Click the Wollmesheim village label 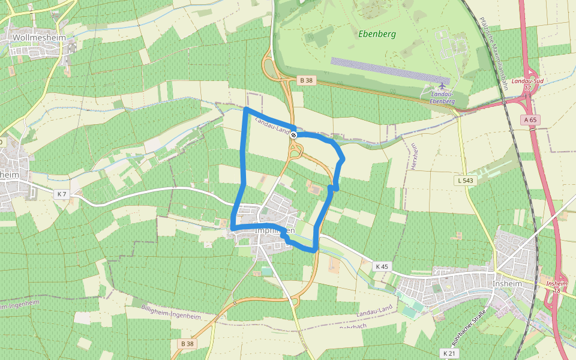(x=35, y=37)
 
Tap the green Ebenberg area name (x=377, y=34)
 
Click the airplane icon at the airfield (x=442, y=85)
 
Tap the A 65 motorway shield (x=530, y=120)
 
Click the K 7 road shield (x=61, y=194)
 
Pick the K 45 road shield (x=382, y=266)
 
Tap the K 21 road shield (x=449, y=353)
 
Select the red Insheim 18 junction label (x=557, y=287)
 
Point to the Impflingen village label (x=275, y=231)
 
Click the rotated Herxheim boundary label (x=413, y=156)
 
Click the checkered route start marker (x=294, y=135)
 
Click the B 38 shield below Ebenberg (x=306, y=80)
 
